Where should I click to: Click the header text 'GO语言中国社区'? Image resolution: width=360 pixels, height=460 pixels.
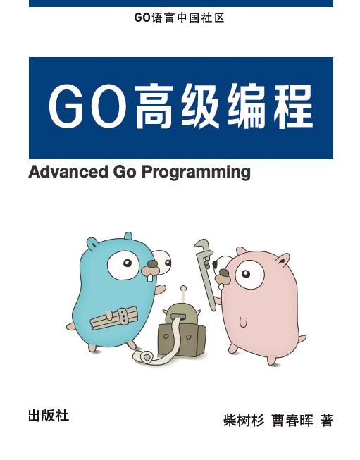click(180, 18)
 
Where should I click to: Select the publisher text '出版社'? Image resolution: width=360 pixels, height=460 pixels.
click(49, 415)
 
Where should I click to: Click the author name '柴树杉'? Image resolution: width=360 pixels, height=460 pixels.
click(243, 421)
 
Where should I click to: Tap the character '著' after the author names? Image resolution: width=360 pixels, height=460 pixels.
click(326, 421)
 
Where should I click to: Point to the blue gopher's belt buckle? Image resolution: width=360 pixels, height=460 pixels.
click(124, 314)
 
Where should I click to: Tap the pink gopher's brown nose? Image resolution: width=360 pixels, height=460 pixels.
click(223, 277)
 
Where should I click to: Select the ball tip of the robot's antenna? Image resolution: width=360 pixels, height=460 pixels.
click(183, 288)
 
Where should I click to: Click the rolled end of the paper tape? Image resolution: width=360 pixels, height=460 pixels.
click(145, 358)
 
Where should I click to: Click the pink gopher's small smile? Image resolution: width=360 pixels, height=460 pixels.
click(244, 323)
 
